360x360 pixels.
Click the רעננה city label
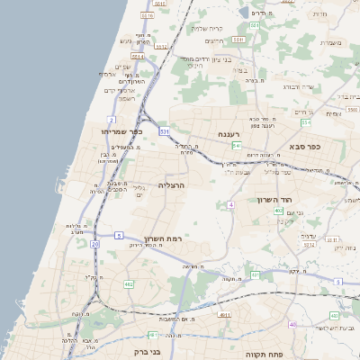point(237,133)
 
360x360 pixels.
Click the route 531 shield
point(165,131)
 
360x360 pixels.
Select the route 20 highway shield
point(94,243)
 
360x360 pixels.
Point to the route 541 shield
point(236,145)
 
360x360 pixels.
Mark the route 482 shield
point(129,283)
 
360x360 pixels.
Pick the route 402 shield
point(278,210)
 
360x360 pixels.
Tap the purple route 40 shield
point(292,323)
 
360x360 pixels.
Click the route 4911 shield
point(223,315)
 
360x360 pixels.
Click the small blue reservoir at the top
point(245,11)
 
